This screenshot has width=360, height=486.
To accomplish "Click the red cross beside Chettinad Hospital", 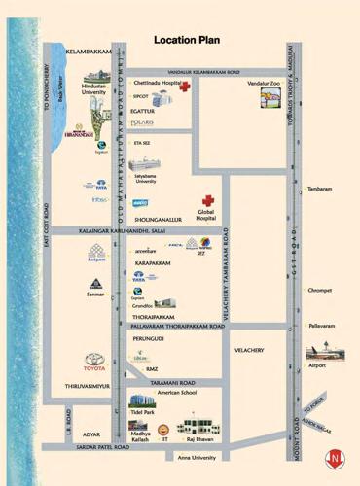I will (184, 87).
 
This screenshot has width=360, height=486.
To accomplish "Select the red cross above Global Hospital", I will (206, 200).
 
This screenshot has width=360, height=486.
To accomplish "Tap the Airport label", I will (316, 366).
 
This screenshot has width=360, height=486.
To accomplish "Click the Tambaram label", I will (319, 190).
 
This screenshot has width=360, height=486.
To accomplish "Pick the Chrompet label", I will (319, 290).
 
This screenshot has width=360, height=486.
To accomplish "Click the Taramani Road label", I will (173, 383).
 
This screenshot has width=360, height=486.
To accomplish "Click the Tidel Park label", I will (142, 412).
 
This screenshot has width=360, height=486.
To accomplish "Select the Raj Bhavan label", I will (201, 439).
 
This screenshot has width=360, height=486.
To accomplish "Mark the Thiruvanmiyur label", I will (87, 386).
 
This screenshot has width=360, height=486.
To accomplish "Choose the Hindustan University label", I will (93, 88).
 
